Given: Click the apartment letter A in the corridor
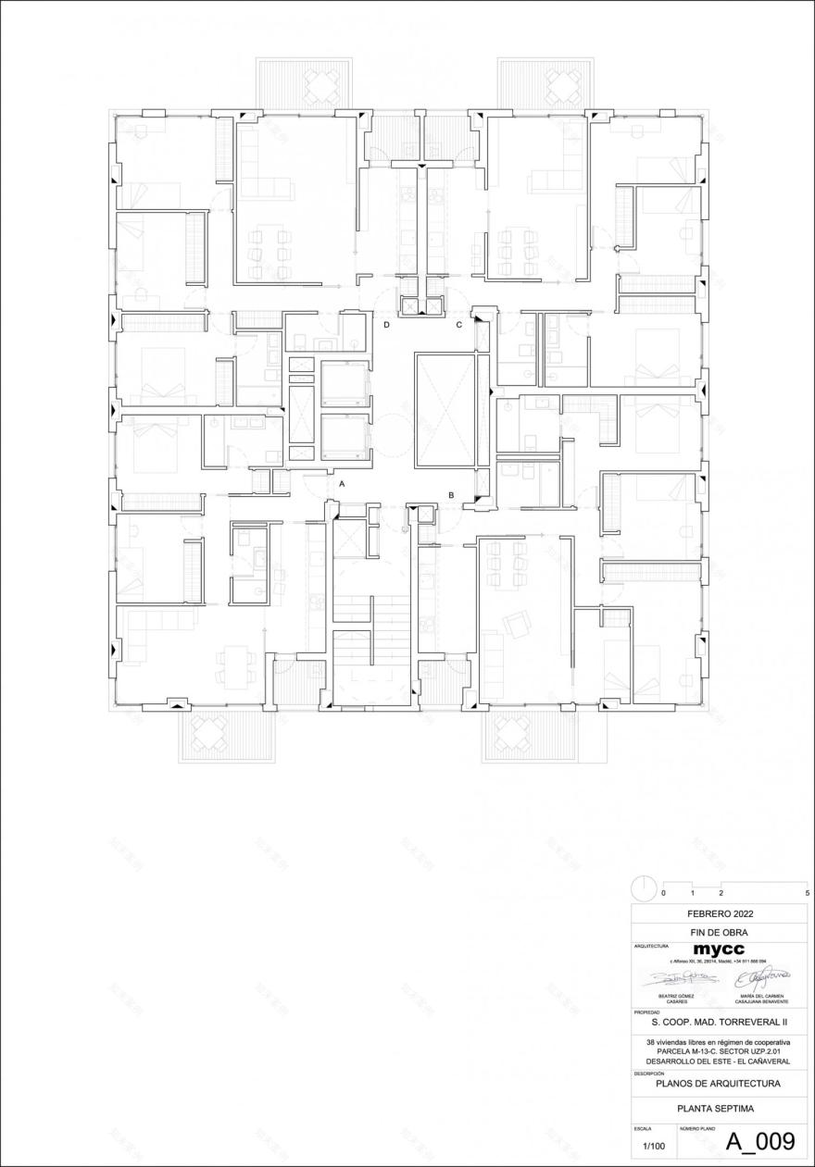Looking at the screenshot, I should tap(342, 484).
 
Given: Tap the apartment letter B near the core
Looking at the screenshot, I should tap(451, 496).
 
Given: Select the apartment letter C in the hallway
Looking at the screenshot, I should tap(458, 326).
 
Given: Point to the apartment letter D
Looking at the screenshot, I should tap(387, 326).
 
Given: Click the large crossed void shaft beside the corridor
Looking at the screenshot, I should tap(445, 410).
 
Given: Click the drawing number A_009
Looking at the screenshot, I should tap(759, 1142).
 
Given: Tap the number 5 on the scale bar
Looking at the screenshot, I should tap(808, 893).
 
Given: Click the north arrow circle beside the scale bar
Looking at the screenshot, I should tap(644, 888).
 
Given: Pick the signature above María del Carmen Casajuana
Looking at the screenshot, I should tap(761, 977).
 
